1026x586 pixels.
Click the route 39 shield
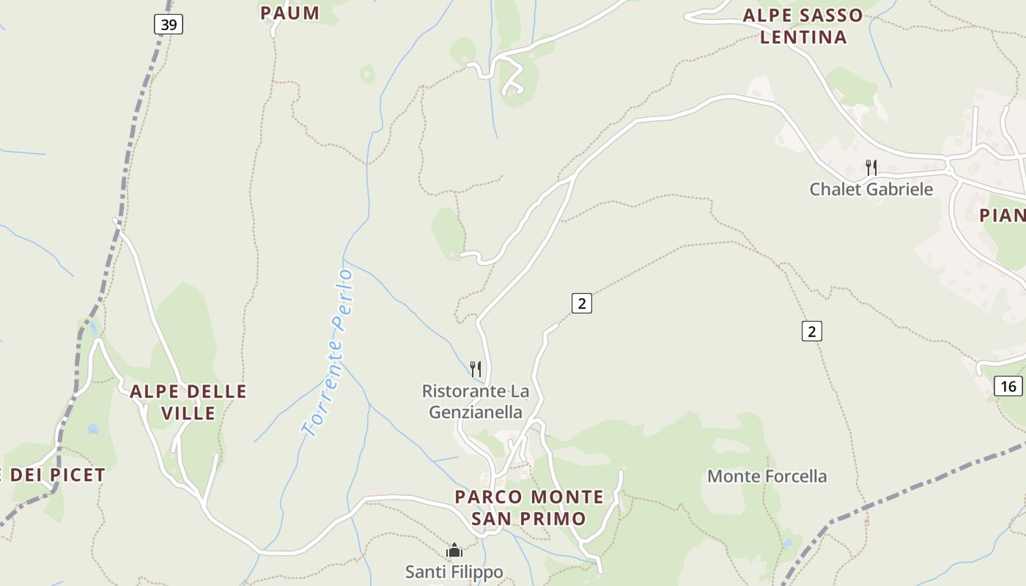pyautogui.click(x=169, y=25)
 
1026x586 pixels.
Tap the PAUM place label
pyautogui.click(x=289, y=13)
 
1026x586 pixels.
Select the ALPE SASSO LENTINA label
pyautogui.click(x=803, y=26)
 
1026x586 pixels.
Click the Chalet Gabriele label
pyautogui.click(x=871, y=189)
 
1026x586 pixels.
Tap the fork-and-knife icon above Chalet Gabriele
pyautogui.click(x=871, y=168)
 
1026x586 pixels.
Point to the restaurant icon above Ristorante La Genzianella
pyautogui.click(x=476, y=368)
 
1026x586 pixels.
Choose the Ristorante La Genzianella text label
pyautogui.click(x=476, y=401)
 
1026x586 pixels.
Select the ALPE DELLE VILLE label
pyautogui.click(x=188, y=402)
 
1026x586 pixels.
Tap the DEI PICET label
pyautogui.click(x=56, y=475)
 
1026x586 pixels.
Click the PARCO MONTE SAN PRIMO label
pyautogui.click(x=529, y=508)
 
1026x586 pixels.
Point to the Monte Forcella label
pyautogui.click(x=767, y=477)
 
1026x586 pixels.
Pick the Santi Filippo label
pyautogui.click(x=454, y=571)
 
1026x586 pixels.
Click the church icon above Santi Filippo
pyautogui.click(x=454, y=550)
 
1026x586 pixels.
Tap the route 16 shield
pyautogui.click(x=1008, y=386)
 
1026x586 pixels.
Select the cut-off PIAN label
pyautogui.click(x=1003, y=215)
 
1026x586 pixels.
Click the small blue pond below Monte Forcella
pyautogui.click(x=787, y=544)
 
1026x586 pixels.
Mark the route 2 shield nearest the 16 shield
pyautogui.click(x=811, y=331)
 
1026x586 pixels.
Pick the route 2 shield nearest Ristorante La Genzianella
pyautogui.click(x=581, y=303)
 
